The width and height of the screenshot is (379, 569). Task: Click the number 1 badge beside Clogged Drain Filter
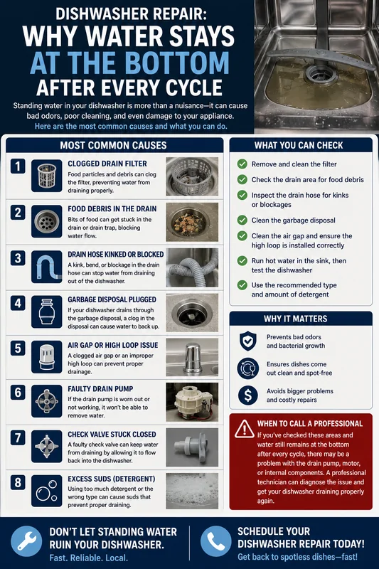click(17, 166)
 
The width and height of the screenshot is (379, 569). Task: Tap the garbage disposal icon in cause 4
click(46, 312)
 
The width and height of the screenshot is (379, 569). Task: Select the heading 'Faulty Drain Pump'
click(100, 388)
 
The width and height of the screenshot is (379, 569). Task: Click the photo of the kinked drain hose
click(192, 267)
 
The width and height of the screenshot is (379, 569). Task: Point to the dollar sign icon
click(247, 395)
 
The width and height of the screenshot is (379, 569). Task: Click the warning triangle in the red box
click(245, 429)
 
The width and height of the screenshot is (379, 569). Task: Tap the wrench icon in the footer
click(26, 541)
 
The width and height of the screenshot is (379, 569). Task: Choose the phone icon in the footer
click(215, 541)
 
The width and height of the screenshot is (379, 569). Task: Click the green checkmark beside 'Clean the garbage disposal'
click(242, 220)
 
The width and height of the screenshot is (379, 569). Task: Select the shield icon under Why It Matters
click(247, 341)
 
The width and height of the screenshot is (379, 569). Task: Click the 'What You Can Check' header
click(299, 145)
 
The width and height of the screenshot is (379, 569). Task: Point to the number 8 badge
click(17, 483)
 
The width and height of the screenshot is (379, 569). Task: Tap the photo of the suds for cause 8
click(192, 491)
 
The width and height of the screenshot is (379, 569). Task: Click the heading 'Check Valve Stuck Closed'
click(112, 435)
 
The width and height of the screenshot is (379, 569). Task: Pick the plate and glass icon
click(247, 368)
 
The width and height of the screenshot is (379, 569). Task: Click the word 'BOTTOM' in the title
click(178, 63)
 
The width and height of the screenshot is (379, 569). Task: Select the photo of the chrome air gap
click(192, 358)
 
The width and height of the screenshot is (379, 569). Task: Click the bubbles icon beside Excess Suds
click(46, 491)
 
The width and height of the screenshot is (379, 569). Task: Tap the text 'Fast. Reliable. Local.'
click(88, 558)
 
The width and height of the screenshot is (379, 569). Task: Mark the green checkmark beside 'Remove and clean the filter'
click(242, 164)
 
